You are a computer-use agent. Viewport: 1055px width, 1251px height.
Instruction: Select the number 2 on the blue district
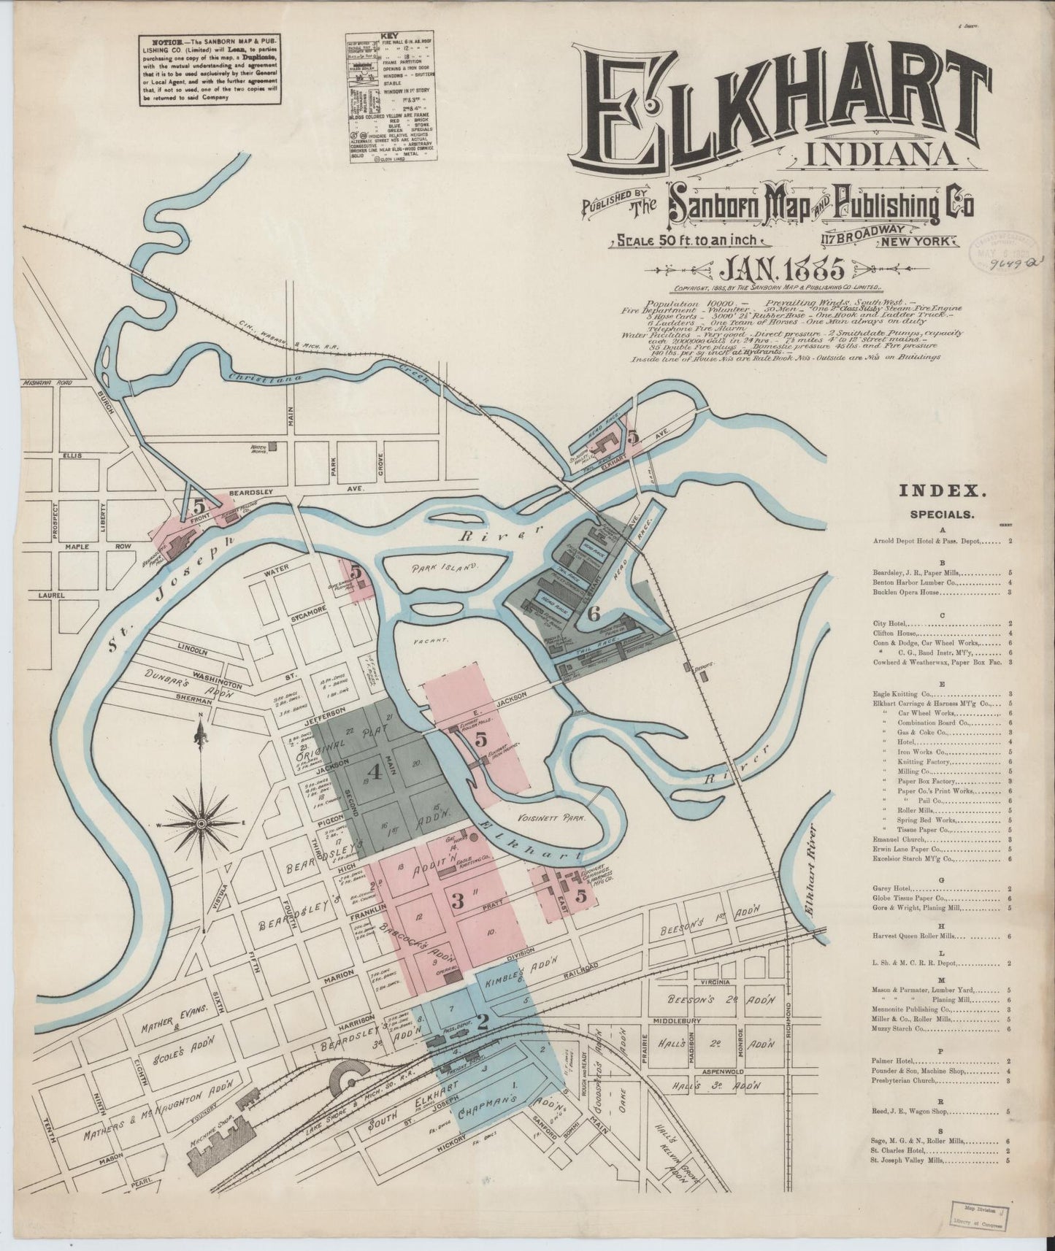click(x=481, y=1022)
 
